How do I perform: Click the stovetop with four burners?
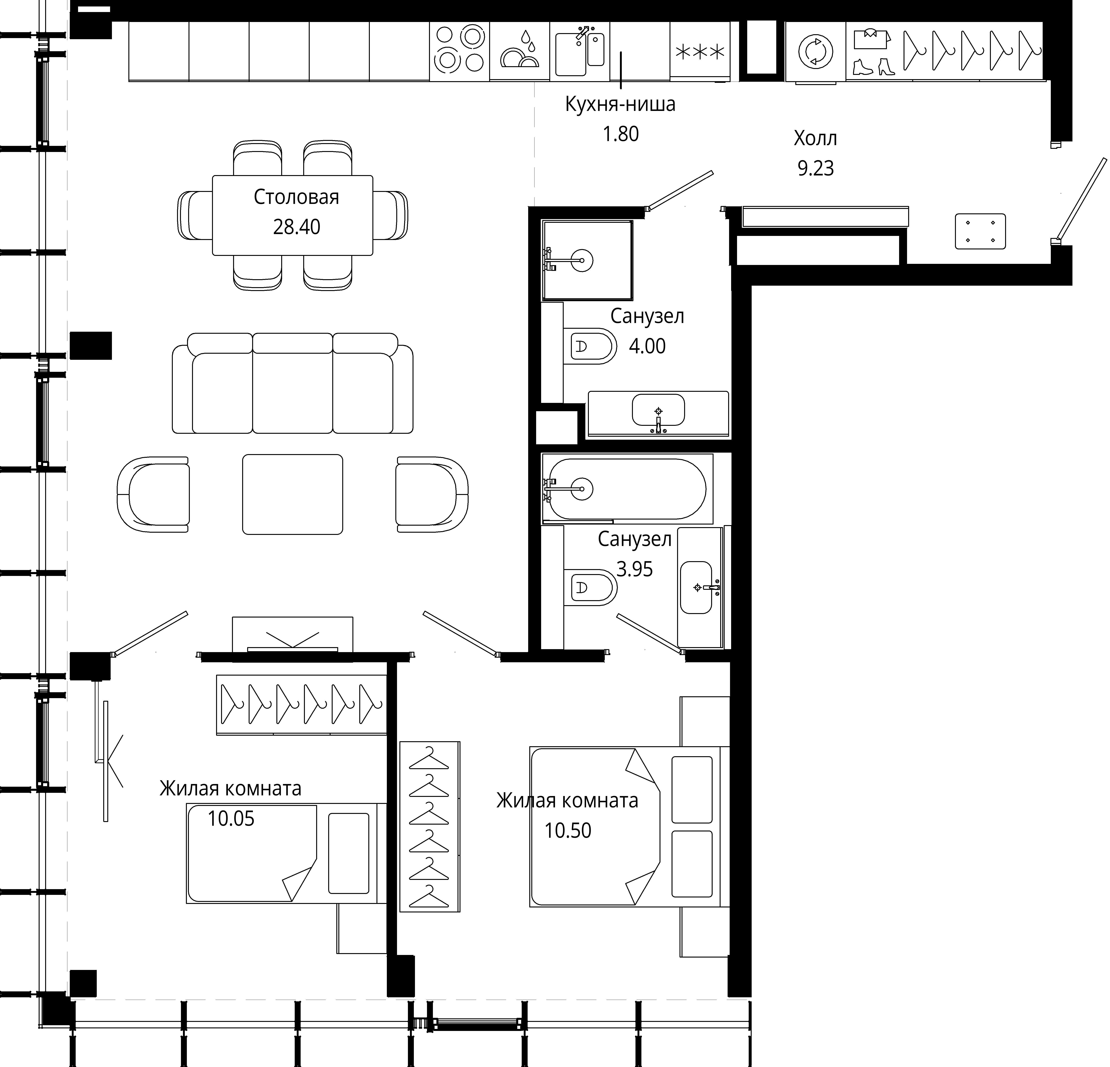459,51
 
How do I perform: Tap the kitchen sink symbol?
580,51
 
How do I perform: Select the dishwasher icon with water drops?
519,51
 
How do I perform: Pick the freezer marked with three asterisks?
700,52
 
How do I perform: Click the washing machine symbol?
815,52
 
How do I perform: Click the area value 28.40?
297,227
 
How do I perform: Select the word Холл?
815,138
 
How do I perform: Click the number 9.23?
815,168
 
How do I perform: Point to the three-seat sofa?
293,383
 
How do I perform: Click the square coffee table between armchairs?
293,494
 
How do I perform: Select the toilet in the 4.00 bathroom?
590,346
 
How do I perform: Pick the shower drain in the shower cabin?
582,260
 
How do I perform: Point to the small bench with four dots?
980,231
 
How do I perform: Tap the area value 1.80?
621,134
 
